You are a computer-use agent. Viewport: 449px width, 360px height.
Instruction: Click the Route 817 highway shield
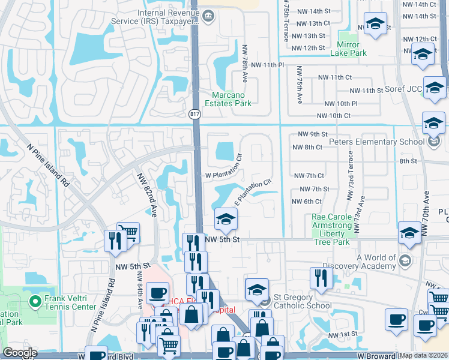click(x=194, y=114)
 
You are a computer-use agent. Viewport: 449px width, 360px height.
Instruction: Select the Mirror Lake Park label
click(x=348, y=49)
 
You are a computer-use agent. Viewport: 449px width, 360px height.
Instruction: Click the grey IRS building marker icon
click(x=208, y=14)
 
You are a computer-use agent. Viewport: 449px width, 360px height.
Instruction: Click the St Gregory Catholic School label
click(x=301, y=302)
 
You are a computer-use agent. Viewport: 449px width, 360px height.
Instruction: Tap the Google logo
click(x=19, y=353)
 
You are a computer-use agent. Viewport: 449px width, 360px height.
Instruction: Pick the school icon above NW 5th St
click(x=226, y=220)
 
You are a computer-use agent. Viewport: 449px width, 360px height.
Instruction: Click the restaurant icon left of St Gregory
click(x=321, y=278)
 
